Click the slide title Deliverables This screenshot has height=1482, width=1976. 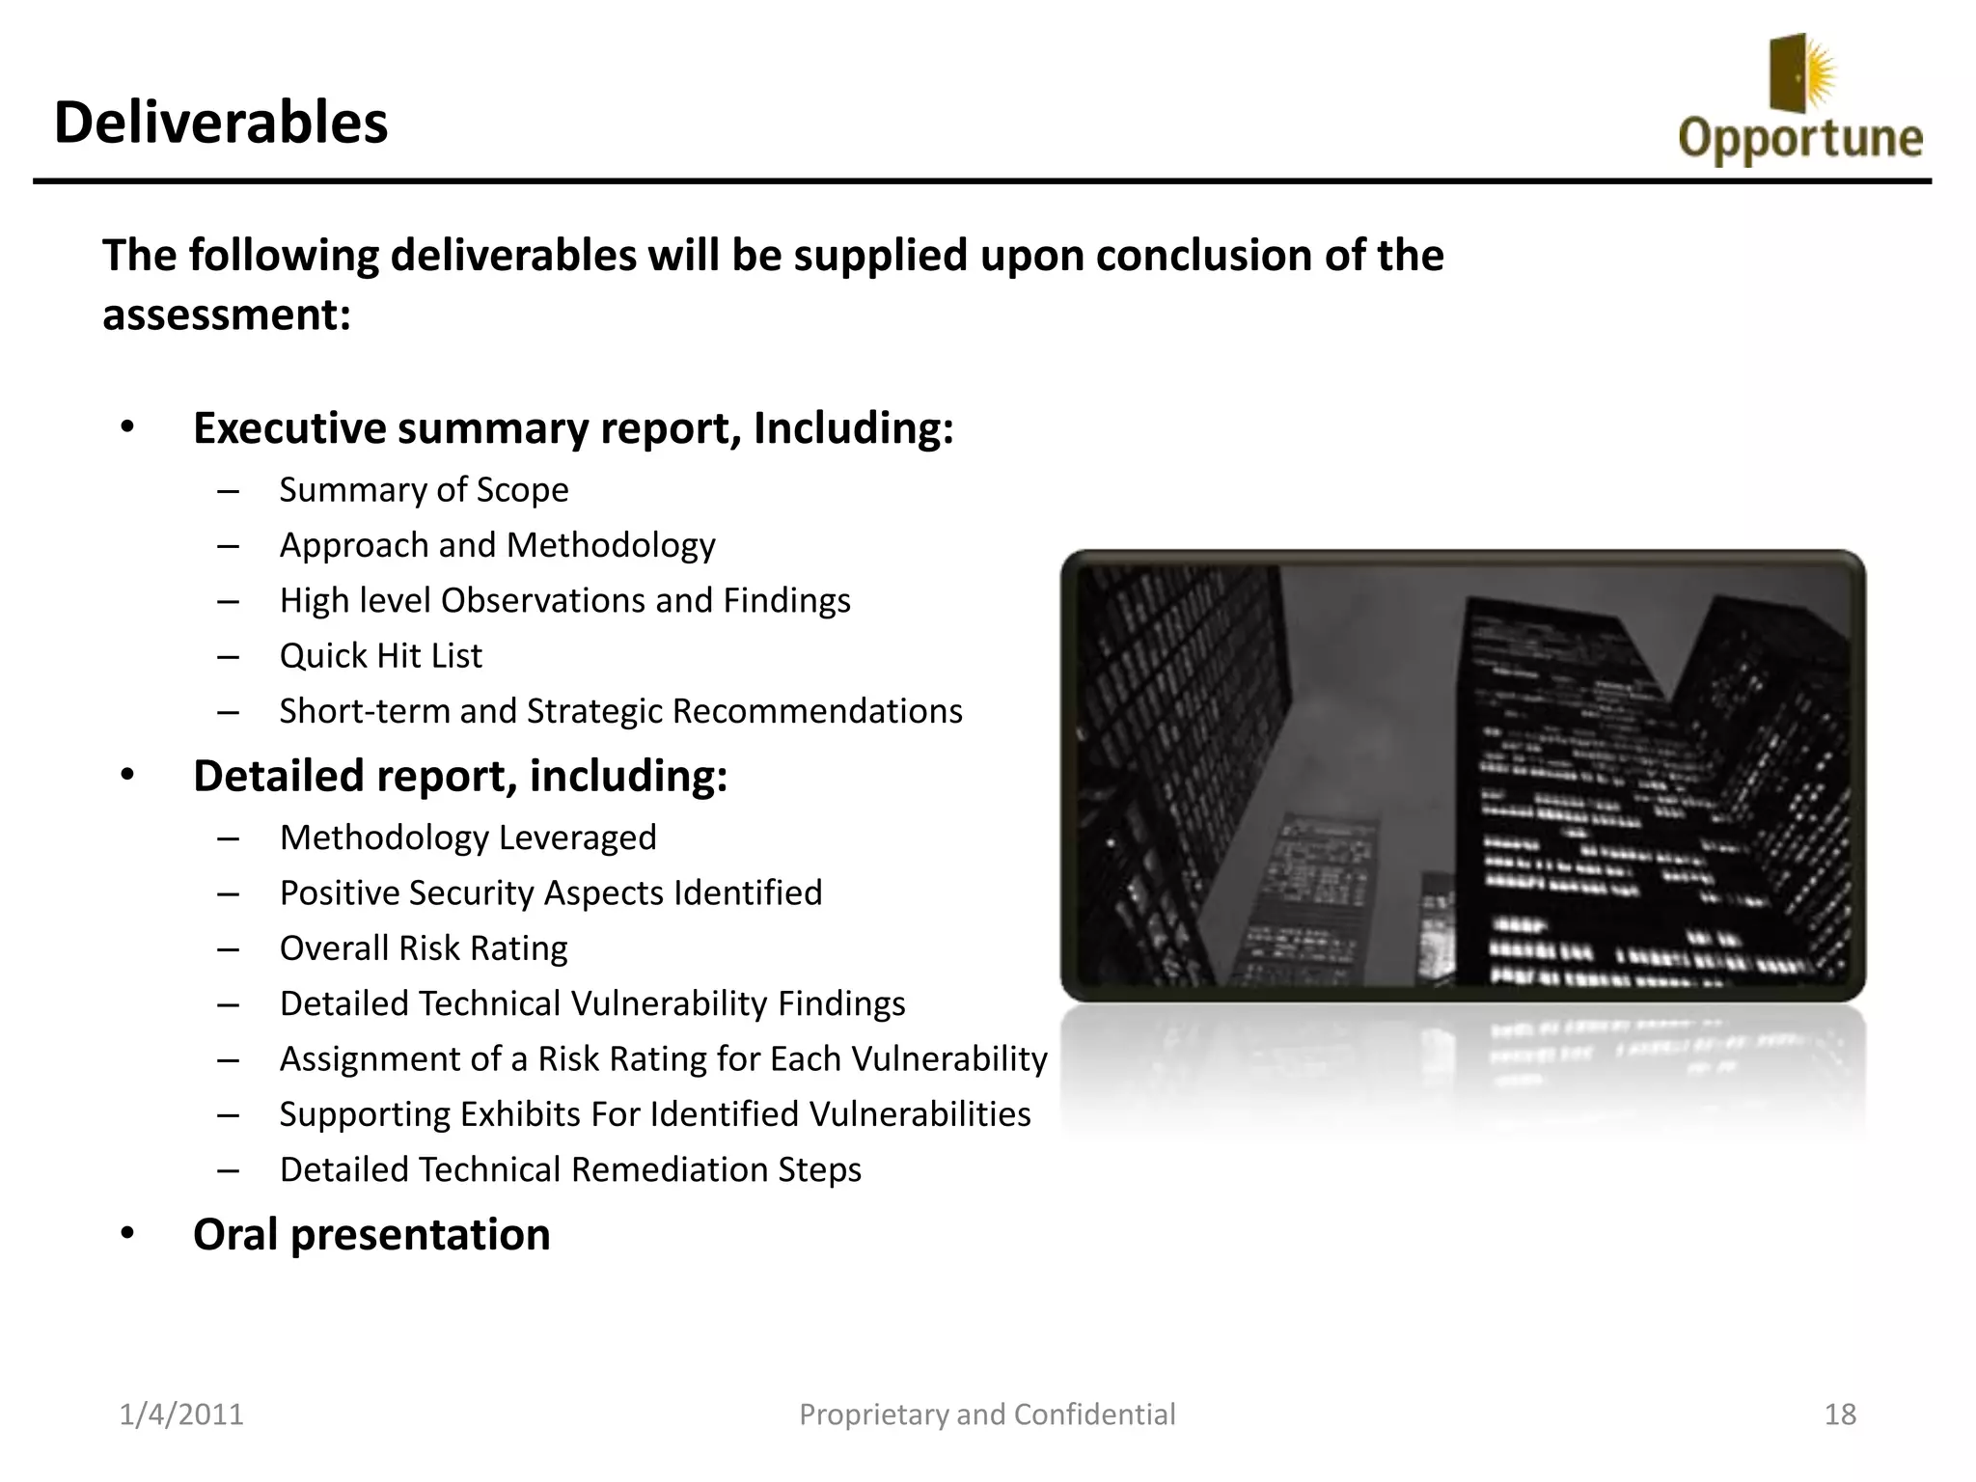[x=220, y=123]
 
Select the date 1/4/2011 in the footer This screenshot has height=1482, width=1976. [x=181, y=1414]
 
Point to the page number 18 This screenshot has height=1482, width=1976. [x=1840, y=1414]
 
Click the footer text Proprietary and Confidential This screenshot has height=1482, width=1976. [x=987, y=1414]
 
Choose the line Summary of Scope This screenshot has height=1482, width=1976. [x=424, y=490]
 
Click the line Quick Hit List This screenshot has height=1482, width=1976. [x=380, y=656]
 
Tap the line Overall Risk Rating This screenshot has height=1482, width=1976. [x=423, y=948]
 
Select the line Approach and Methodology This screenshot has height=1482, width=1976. [x=497, y=546]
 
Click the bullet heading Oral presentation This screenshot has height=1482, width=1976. [x=371, y=1235]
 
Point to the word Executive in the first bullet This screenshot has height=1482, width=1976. [x=288, y=428]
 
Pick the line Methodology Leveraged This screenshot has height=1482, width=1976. [x=467, y=837]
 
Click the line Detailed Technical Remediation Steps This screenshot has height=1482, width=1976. [x=570, y=1169]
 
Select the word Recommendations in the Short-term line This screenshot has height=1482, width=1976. [x=816, y=711]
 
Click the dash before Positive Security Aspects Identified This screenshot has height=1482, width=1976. [x=228, y=893]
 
